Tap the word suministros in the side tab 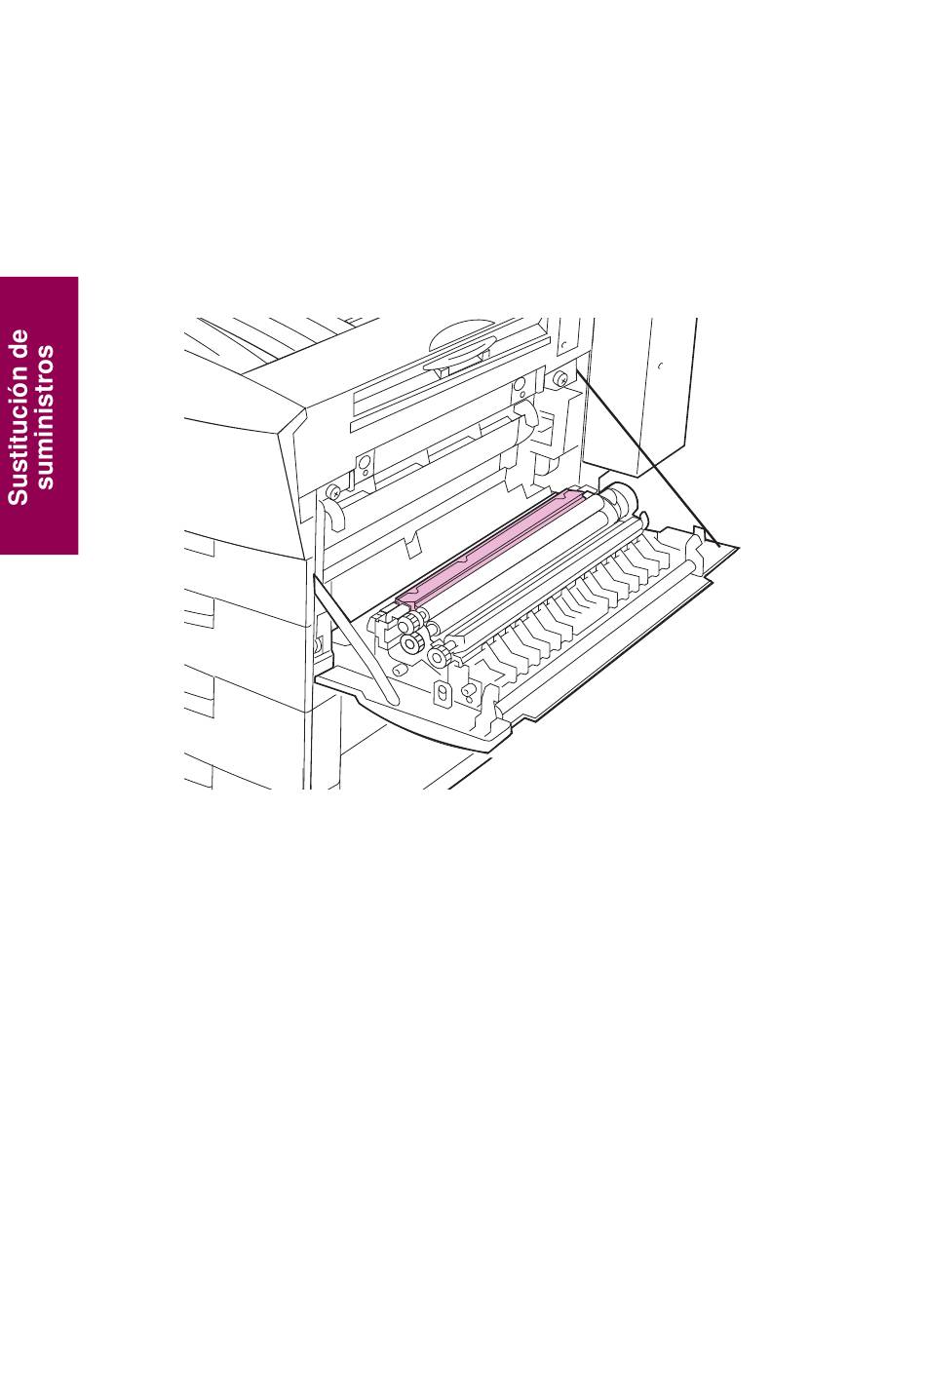click(x=45, y=417)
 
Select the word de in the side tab click(x=19, y=343)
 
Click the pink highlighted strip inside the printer click(x=490, y=547)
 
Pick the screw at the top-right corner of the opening click(x=559, y=377)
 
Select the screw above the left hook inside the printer click(x=333, y=491)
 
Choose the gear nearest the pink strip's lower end click(x=408, y=622)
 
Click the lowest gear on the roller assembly click(x=440, y=655)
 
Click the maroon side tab click(x=39, y=415)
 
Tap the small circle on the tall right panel click(x=660, y=366)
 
